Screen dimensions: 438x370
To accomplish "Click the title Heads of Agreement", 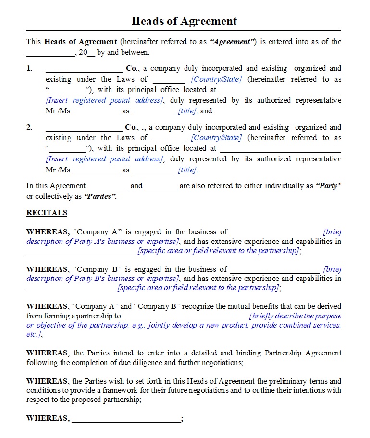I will [x=184, y=21].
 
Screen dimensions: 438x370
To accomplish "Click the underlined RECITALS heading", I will [x=47, y=213].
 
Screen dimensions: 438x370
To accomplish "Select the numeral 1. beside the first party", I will [x=30, y=68].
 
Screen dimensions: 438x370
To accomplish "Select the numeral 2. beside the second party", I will [x=30, y=127].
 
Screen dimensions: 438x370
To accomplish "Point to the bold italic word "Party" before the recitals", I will [x=329, y=186].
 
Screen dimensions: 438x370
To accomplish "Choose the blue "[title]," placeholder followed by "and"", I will [x=188, y=111].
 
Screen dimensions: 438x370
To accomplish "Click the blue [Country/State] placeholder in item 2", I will [x=216, y=138].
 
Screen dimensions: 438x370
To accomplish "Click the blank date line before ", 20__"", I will [x=50, y=53].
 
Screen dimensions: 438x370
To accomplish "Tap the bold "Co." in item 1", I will [x=132, y=68].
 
